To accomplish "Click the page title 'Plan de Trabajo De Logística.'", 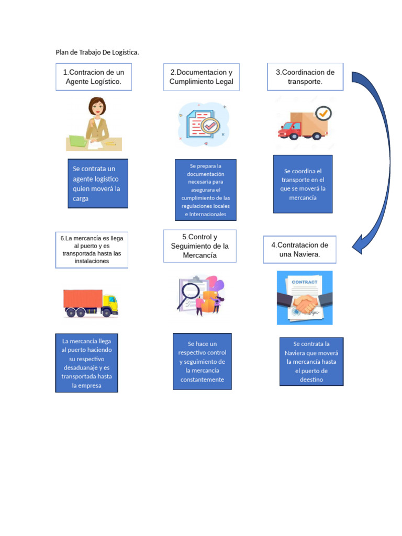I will click(x=97, y=52).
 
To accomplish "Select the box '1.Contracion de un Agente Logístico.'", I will click(x=94, y=77).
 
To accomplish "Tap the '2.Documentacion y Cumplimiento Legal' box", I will click(x=202, y=77).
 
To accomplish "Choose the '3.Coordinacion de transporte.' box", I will click(x=305, y=77).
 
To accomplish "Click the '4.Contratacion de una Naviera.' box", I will click(x=299, y=250).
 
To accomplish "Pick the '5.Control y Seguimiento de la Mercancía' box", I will click(x=199, y=246).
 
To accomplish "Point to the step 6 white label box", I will click(x=92, y=250).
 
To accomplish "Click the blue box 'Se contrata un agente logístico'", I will click(x=98, y=184).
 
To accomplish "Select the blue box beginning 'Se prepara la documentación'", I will click(x=205, y=189).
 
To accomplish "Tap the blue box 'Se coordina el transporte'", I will click(x=303, y=184).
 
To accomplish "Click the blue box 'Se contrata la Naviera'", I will click(x=311, y=362).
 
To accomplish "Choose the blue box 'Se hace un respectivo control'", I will click(x=202, y=362).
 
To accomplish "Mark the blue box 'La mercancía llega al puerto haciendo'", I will click(x=86, y=363).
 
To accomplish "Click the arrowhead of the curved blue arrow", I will click(x=359, y=244).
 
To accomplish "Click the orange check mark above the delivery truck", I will click(x=324, y=113).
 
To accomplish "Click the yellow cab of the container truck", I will click(x=110, y=304).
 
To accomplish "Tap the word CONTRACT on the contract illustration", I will click(x=304, y=282).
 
